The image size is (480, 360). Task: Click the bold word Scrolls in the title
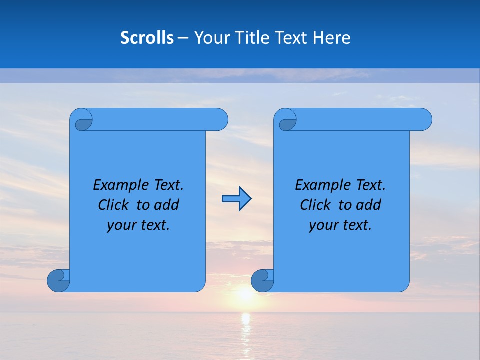pyautogui.click(x=147, y=38)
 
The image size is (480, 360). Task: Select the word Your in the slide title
pyautogui.click(x=210, y=38)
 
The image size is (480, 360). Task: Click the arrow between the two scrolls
pyautogui.click(x=236, y=199)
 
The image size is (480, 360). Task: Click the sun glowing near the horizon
pyautogui.click(x=245, y=294)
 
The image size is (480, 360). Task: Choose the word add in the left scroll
pyautogui.click(x=166, y=205)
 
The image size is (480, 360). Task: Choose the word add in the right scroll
pyautogui.click(x=368, y=205)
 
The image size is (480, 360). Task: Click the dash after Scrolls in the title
pyautogui.click(x=183, y=38)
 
